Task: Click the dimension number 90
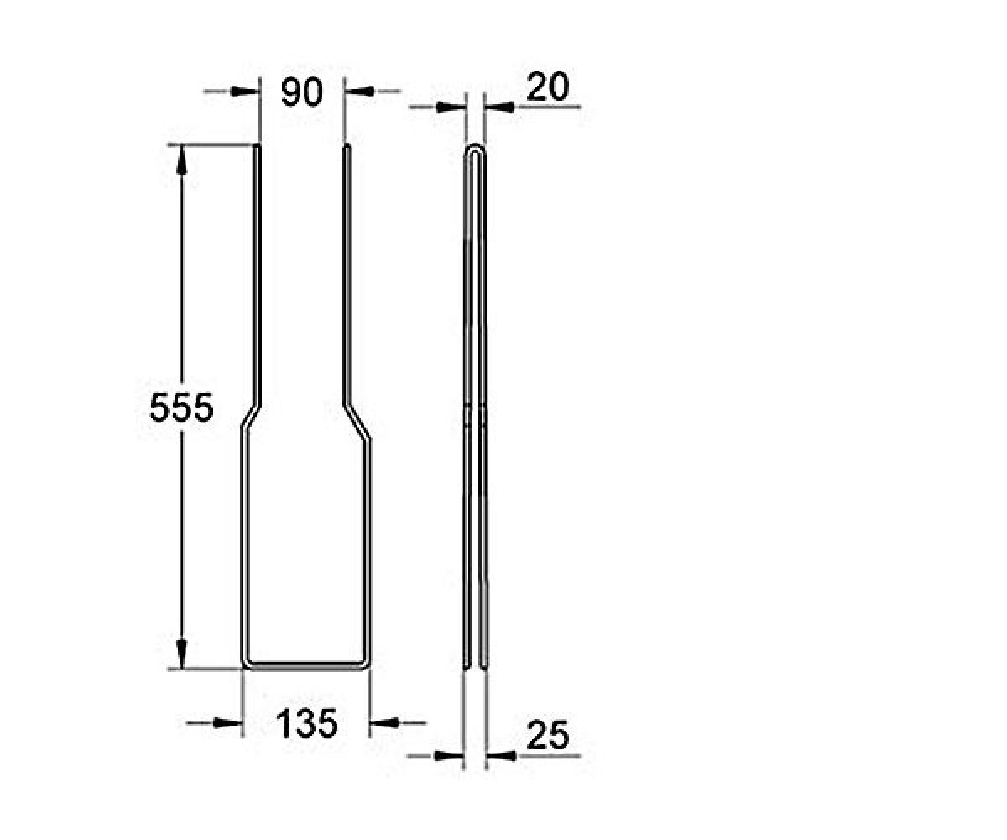click(302, 92)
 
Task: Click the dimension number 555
click(182, 408)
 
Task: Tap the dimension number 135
click(307, 723)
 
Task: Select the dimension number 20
click(547, 87)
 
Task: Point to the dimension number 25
click(548, 736)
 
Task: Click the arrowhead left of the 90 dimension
click(243, 92)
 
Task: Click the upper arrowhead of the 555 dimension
click(182, 160)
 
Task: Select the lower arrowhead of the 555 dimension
click(181, 654)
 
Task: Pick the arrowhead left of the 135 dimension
click(227, 722)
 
